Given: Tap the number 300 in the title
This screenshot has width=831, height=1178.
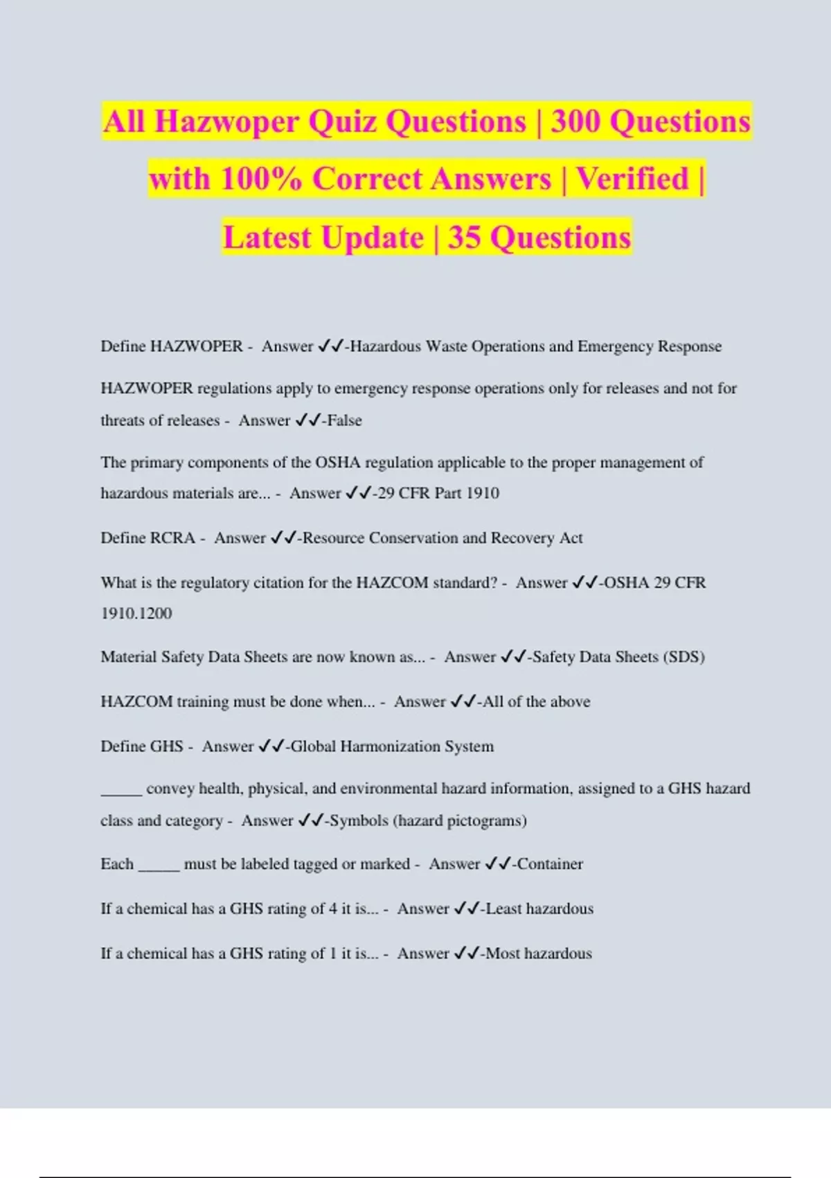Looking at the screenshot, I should [x=575, y=122].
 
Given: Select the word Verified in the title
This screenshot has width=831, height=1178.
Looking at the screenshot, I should [x=633, y=179].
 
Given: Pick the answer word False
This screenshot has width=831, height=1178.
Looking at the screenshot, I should [x=344, y=421].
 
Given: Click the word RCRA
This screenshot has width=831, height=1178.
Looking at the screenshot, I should [x=172, y=538].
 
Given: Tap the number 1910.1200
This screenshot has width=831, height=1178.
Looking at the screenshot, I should [x=136, y=613].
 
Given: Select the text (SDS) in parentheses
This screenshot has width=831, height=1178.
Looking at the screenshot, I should [x=683, y=657].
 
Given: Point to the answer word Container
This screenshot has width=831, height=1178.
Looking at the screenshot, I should [x=550, y=864].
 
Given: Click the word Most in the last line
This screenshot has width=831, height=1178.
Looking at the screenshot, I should [x=503, y=953].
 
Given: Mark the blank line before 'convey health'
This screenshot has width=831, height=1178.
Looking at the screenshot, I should [x=121, y=792].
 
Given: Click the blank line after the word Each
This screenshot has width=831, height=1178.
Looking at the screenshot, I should [x=159, y=868].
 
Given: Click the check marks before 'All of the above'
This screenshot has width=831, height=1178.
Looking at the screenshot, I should [x=463, y=702].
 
